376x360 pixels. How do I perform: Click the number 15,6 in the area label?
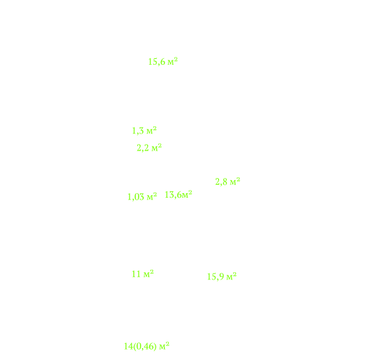pyautogui.click(x=156, y=62)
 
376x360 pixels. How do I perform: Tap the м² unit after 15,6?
pyautogui.click(x=173, y=62)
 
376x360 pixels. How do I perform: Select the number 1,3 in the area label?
pyautogui.click(x=138, y=131)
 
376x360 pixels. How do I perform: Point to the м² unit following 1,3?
pyautogui.click(x=152, y=130)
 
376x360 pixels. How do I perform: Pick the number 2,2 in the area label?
pyautogui.click(x=143, y=148)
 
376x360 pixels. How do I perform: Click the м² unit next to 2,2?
pyautogui.click(x=156, y=147)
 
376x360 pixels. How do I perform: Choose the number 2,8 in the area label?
pyautogui.click(x=221, y=182)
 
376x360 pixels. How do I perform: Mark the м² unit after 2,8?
pyautogui.click(x=235, y=181)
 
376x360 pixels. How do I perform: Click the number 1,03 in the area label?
pyautogui.click(x=136, y=197)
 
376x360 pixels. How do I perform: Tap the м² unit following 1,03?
pyautogui.click(x=152, y=196)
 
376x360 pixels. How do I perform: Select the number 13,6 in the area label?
pyautogui.click(x=173, y=194)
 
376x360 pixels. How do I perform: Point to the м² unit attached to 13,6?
pyautogui.click(x=187, y=194)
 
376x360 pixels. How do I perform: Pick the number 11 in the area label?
pyautogui.click(x=136, y=274)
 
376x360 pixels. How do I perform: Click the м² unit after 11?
pyautogui.click(x=148, y=274)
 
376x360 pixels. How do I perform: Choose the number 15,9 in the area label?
pyautogui.click(x=216, y=277)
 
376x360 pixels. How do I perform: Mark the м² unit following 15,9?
pyautogui.click(x=231, y=276)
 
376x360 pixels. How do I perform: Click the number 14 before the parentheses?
pyautogui.click(x=128, y=346)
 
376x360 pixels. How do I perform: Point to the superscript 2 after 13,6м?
pyautogui.click(x=190, y=192)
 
